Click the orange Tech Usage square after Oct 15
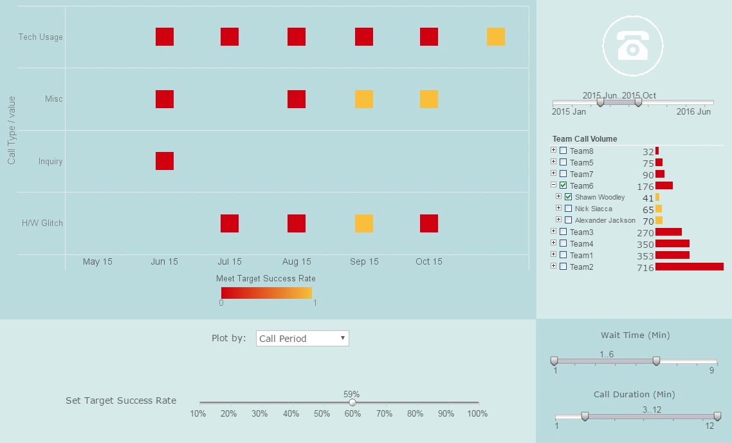(x=495, y=37)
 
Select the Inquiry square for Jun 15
(x=165, y=161)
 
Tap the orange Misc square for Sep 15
(x=364, y=99)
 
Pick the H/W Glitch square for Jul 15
(x=230, y=223)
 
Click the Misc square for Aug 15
(x=297, y=99)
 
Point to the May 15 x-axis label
(x=98, y=261)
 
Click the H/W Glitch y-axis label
(x=42, y=223)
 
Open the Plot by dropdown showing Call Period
(x=302, y=338)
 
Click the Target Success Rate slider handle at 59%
(x=352, y=402)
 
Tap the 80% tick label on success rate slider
(x=415, y=413)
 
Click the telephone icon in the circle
(x=633, y=45)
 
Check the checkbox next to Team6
(x=563, y=185)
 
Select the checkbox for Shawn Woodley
(x=569, y=197)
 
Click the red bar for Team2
(x=689, y=267)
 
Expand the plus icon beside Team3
(x=554, y=231)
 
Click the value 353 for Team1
(x=645, y=256)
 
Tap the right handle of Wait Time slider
(x=656, y=361)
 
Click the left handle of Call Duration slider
(x=585, y=417)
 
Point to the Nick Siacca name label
(x=593, y=209)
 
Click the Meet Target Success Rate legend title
(x=266, y=279)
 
